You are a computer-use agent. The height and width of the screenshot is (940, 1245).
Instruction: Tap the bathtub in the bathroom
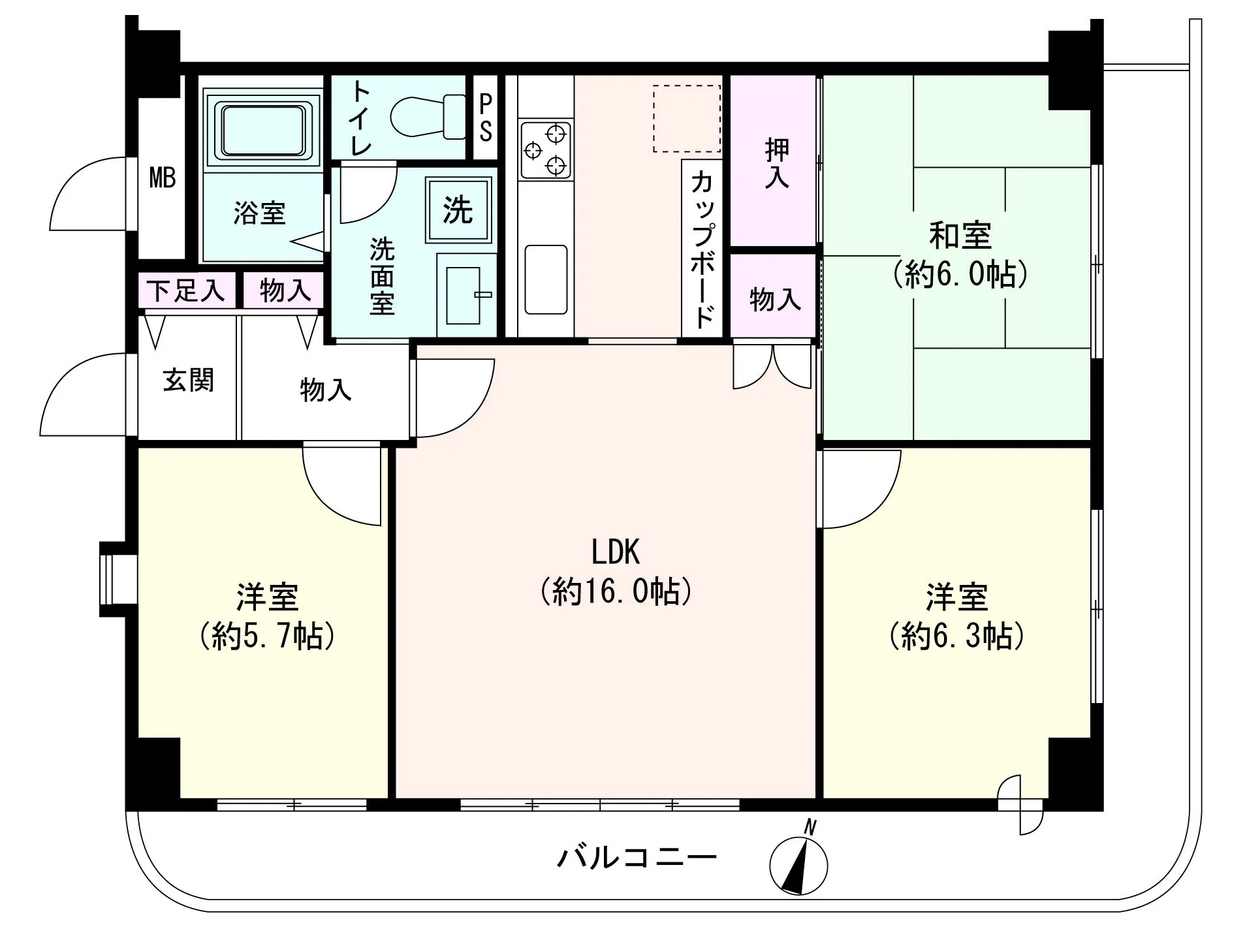262,129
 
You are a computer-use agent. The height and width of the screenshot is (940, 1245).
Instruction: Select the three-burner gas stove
546,150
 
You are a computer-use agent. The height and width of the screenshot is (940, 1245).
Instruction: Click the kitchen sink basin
546,279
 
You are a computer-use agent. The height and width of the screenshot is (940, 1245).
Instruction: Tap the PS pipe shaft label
485,117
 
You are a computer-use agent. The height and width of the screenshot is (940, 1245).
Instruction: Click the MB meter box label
163,178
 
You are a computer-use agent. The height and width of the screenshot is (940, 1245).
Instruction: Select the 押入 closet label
776,164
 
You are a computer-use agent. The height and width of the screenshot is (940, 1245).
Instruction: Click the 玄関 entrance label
188,380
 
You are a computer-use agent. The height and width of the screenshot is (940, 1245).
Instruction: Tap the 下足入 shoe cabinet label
186,290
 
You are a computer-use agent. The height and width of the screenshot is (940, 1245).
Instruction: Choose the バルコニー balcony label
637,856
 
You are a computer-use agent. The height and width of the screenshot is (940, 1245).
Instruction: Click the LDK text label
615,552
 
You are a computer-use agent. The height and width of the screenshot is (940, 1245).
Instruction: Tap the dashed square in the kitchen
687,119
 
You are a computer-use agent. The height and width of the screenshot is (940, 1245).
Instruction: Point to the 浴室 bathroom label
259,213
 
